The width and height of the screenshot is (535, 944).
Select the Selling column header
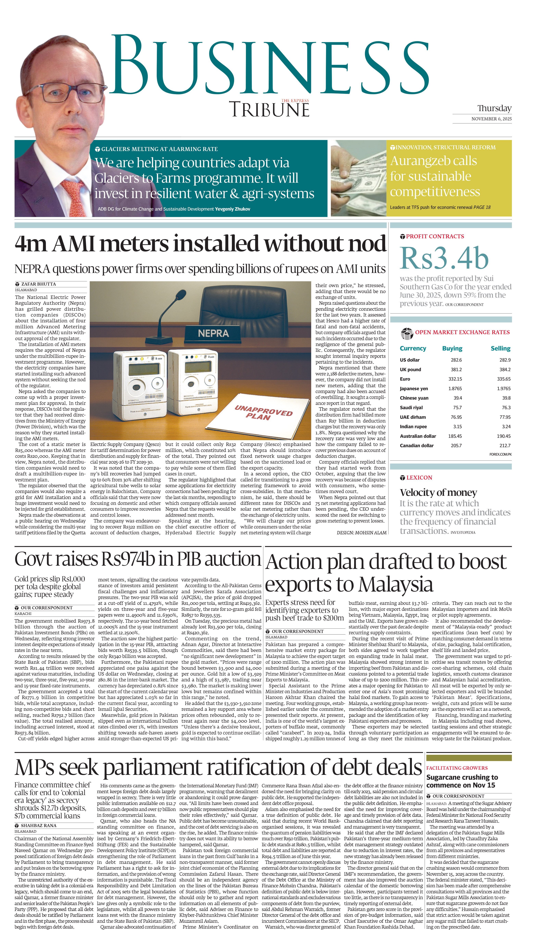point(500,348)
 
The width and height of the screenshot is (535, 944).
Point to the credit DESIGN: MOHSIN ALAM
point(361,533)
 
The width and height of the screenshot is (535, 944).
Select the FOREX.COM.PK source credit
point(500,454)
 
